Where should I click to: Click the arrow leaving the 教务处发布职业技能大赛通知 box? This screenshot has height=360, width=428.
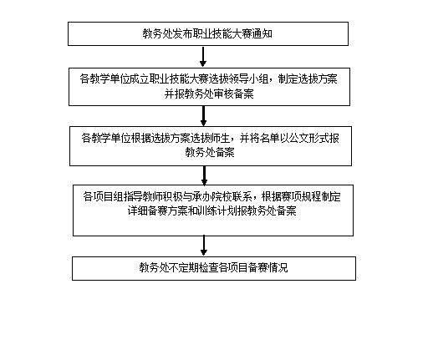point(203,57)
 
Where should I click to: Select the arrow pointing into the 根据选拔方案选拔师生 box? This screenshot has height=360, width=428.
point(203,116)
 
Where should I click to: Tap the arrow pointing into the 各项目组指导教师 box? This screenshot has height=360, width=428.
point(204,175)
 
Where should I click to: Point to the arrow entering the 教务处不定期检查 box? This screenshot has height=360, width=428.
point(204,246)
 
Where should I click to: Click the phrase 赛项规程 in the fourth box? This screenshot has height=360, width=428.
point(301,196)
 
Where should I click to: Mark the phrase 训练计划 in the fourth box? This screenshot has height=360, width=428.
point(217,210)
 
